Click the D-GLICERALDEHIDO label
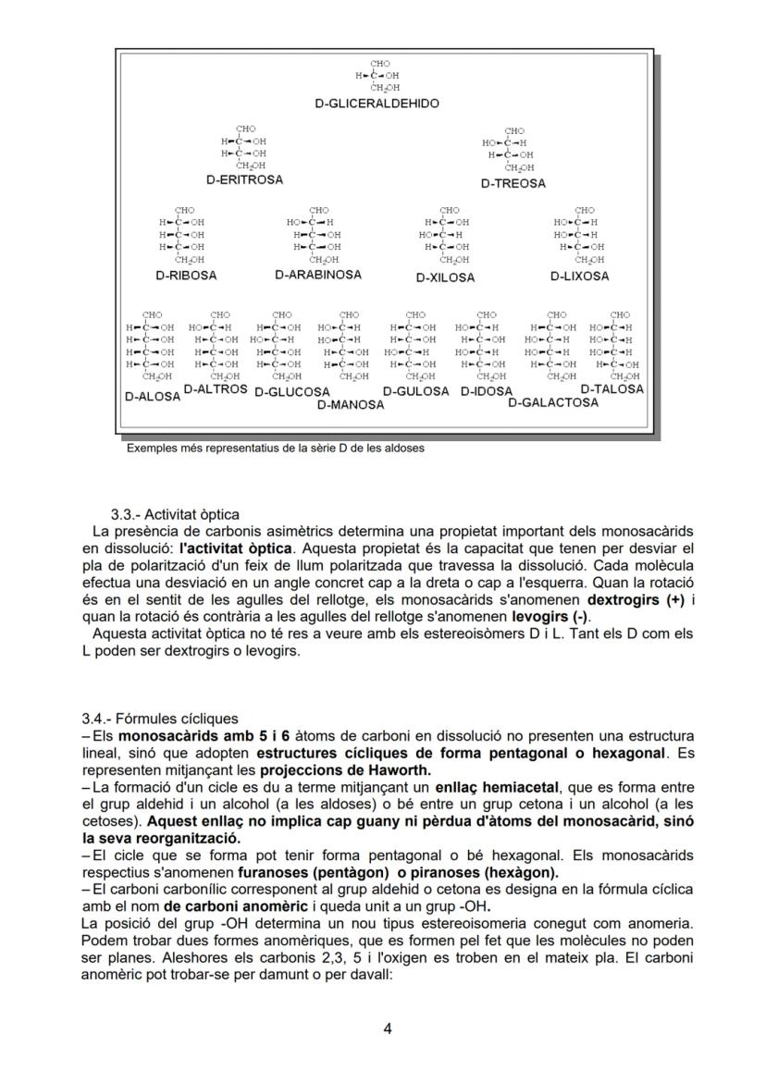coord(377,104)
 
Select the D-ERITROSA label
coord(244,179)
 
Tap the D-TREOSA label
coord(513,183)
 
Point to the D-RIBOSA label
coord(186,276)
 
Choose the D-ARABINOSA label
coord(318,275)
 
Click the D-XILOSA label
coord(445,277)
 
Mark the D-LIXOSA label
coord(579,277)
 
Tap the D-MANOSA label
coord(350,405)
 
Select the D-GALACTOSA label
coord(553,403)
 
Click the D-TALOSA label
coord(612,389)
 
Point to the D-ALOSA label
coord(153,396)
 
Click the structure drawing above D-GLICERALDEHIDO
coord(378,75)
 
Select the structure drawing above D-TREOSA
coord(510,150)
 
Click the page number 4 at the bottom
coord(388,1028)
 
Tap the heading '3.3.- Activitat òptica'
coord(175,514)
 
